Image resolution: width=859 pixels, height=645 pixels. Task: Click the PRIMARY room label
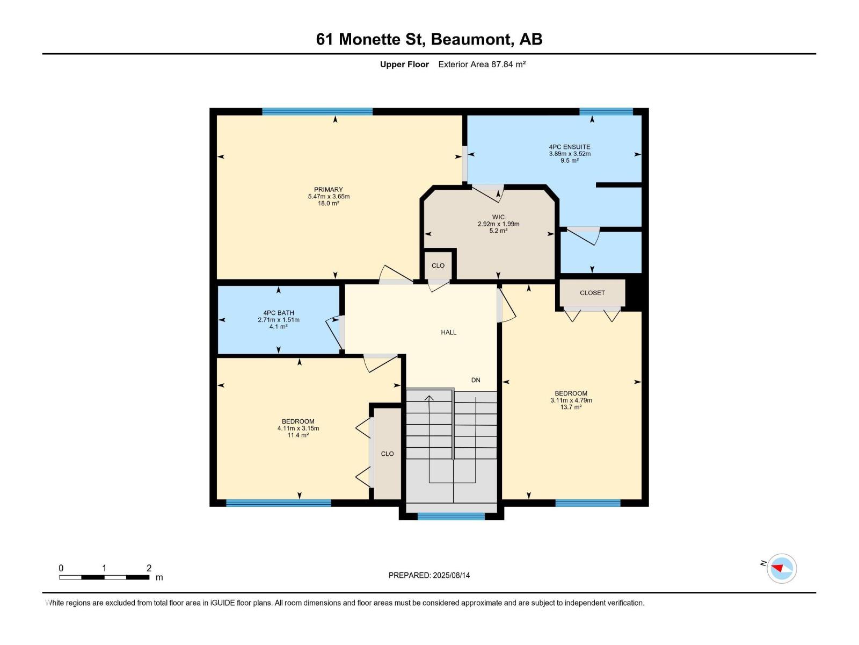[x=329, y=190]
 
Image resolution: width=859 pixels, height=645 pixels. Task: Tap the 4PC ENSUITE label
[x=569, y=147]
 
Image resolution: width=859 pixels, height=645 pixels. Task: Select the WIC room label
[x=498, y=217]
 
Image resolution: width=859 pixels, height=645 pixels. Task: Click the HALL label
[x=449, y=332]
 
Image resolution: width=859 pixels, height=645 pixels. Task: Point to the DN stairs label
[x=476, y=380]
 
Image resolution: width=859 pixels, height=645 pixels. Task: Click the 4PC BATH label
[x=279, y=313]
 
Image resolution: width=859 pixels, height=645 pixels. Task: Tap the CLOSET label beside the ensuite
[x=592, y=293]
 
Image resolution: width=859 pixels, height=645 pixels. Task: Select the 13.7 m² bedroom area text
[x=571, y=407]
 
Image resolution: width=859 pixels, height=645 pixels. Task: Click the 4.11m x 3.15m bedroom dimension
[x=298, y=428]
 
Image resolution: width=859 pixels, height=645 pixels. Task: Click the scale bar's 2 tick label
[x=149, y=568]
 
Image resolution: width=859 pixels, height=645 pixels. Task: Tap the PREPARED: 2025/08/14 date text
[x=429, y=575]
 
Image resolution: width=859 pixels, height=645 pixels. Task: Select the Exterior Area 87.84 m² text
[x=482, y=64]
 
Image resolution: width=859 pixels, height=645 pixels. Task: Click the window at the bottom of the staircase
[x=451, y=517]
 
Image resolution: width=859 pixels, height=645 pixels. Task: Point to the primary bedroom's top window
[x=317, y=112]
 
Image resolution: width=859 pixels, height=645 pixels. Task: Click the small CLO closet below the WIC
[x=438, y=266]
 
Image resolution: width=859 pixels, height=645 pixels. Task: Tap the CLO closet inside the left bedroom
[x=387, y=454]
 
